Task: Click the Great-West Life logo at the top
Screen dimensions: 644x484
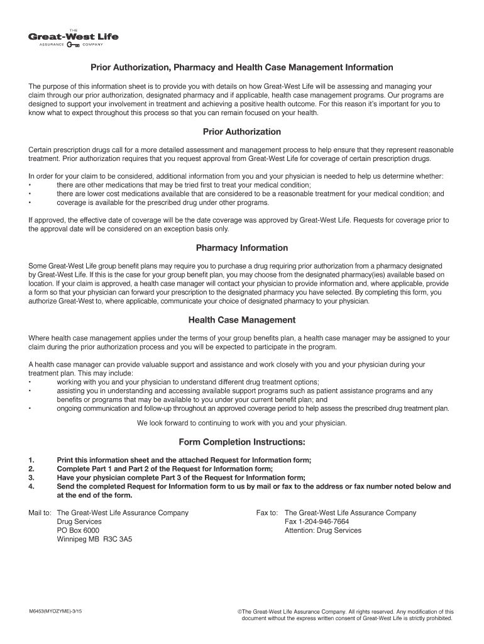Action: (73, 38)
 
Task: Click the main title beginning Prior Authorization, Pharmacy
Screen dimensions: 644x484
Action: (242, 67)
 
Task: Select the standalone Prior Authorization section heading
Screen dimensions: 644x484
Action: (242, 132)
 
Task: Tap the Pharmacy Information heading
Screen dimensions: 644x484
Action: (242, 248)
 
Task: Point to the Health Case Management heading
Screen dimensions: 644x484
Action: (242, 320)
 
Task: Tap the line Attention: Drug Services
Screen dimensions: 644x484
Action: (323, 530)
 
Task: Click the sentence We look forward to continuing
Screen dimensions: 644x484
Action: (242, 423)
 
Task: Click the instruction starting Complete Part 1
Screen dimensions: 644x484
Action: (165, 469)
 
